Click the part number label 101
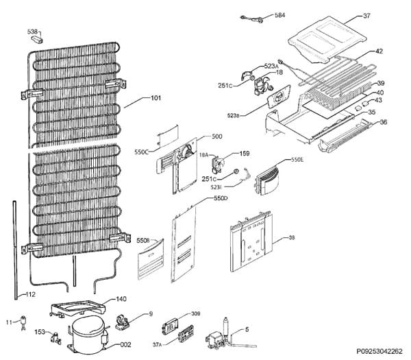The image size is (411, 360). click(x=155, y=98)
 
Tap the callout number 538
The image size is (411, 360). click(x=33, y=32)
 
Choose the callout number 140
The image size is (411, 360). click(x=121, y=299)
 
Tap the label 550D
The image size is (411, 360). click(x=220, y=198)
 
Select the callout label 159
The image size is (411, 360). click(x=245, y=154)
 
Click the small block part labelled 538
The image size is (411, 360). click(x=36, y=40)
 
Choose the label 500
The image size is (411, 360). click(x=217, y=136)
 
